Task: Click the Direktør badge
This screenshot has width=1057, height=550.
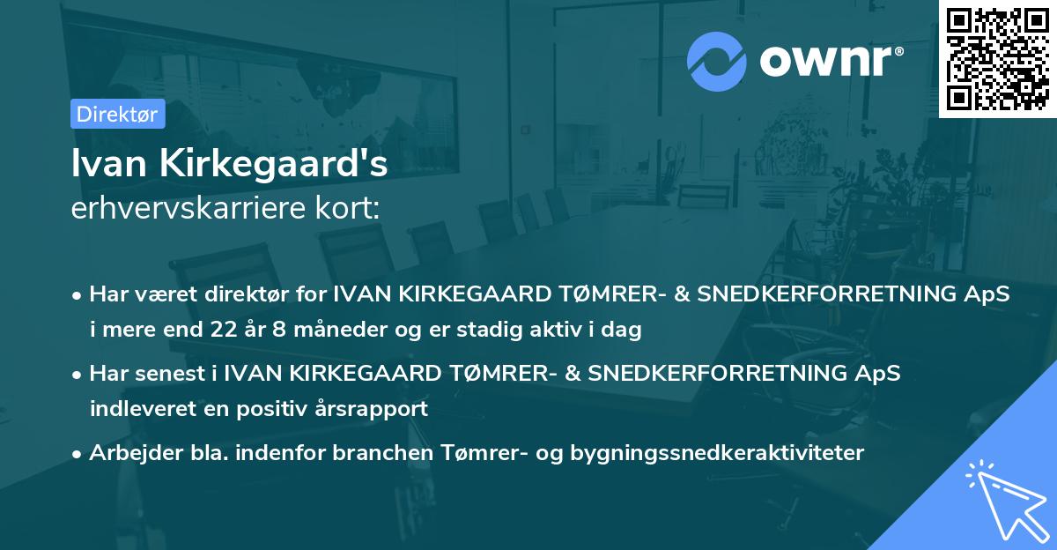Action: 117,114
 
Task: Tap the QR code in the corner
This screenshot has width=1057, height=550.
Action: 998,58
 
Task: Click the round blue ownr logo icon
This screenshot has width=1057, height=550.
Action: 717,61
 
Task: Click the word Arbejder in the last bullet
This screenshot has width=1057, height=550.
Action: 130,453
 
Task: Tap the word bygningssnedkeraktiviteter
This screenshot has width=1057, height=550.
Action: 718,453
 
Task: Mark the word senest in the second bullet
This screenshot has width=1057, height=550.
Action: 172,373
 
